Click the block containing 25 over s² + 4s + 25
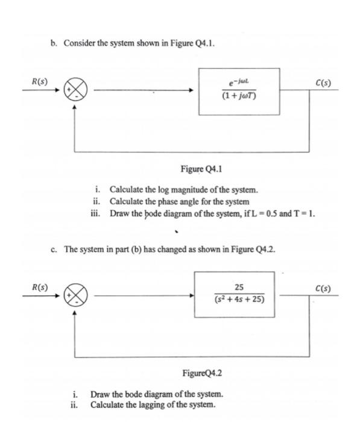point(235,295)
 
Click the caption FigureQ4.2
point(202,374)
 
